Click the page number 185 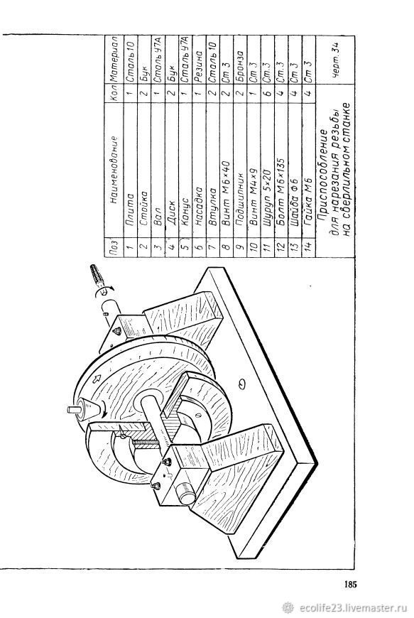350,584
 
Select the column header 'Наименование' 114,169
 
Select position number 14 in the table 308,246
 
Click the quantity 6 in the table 268,94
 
